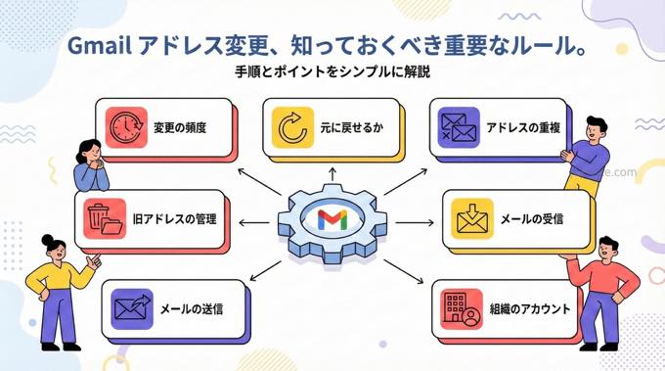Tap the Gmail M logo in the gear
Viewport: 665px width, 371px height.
(x=332, y=219)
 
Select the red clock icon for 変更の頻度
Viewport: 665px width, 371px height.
(x=126, y=127)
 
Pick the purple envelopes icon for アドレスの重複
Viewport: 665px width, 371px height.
(x=459, y=128)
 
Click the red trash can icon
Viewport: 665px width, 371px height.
(x=98, y=217)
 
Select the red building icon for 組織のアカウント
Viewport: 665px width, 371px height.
(x=459, y=307)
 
